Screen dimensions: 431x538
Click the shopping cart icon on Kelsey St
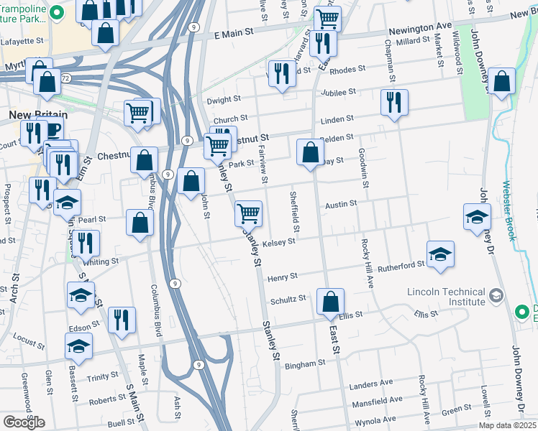tap(248, 213)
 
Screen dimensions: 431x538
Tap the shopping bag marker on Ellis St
tap(330, 301)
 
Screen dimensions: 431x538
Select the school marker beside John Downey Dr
tap(477, 216)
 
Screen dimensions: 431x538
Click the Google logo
tap(24, 422)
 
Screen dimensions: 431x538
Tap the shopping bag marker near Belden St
tap(310, 152)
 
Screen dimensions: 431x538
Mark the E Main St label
tap(234, 33)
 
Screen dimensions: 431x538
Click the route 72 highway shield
tap(65, 77)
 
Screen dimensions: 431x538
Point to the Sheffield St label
tap(293, 210)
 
